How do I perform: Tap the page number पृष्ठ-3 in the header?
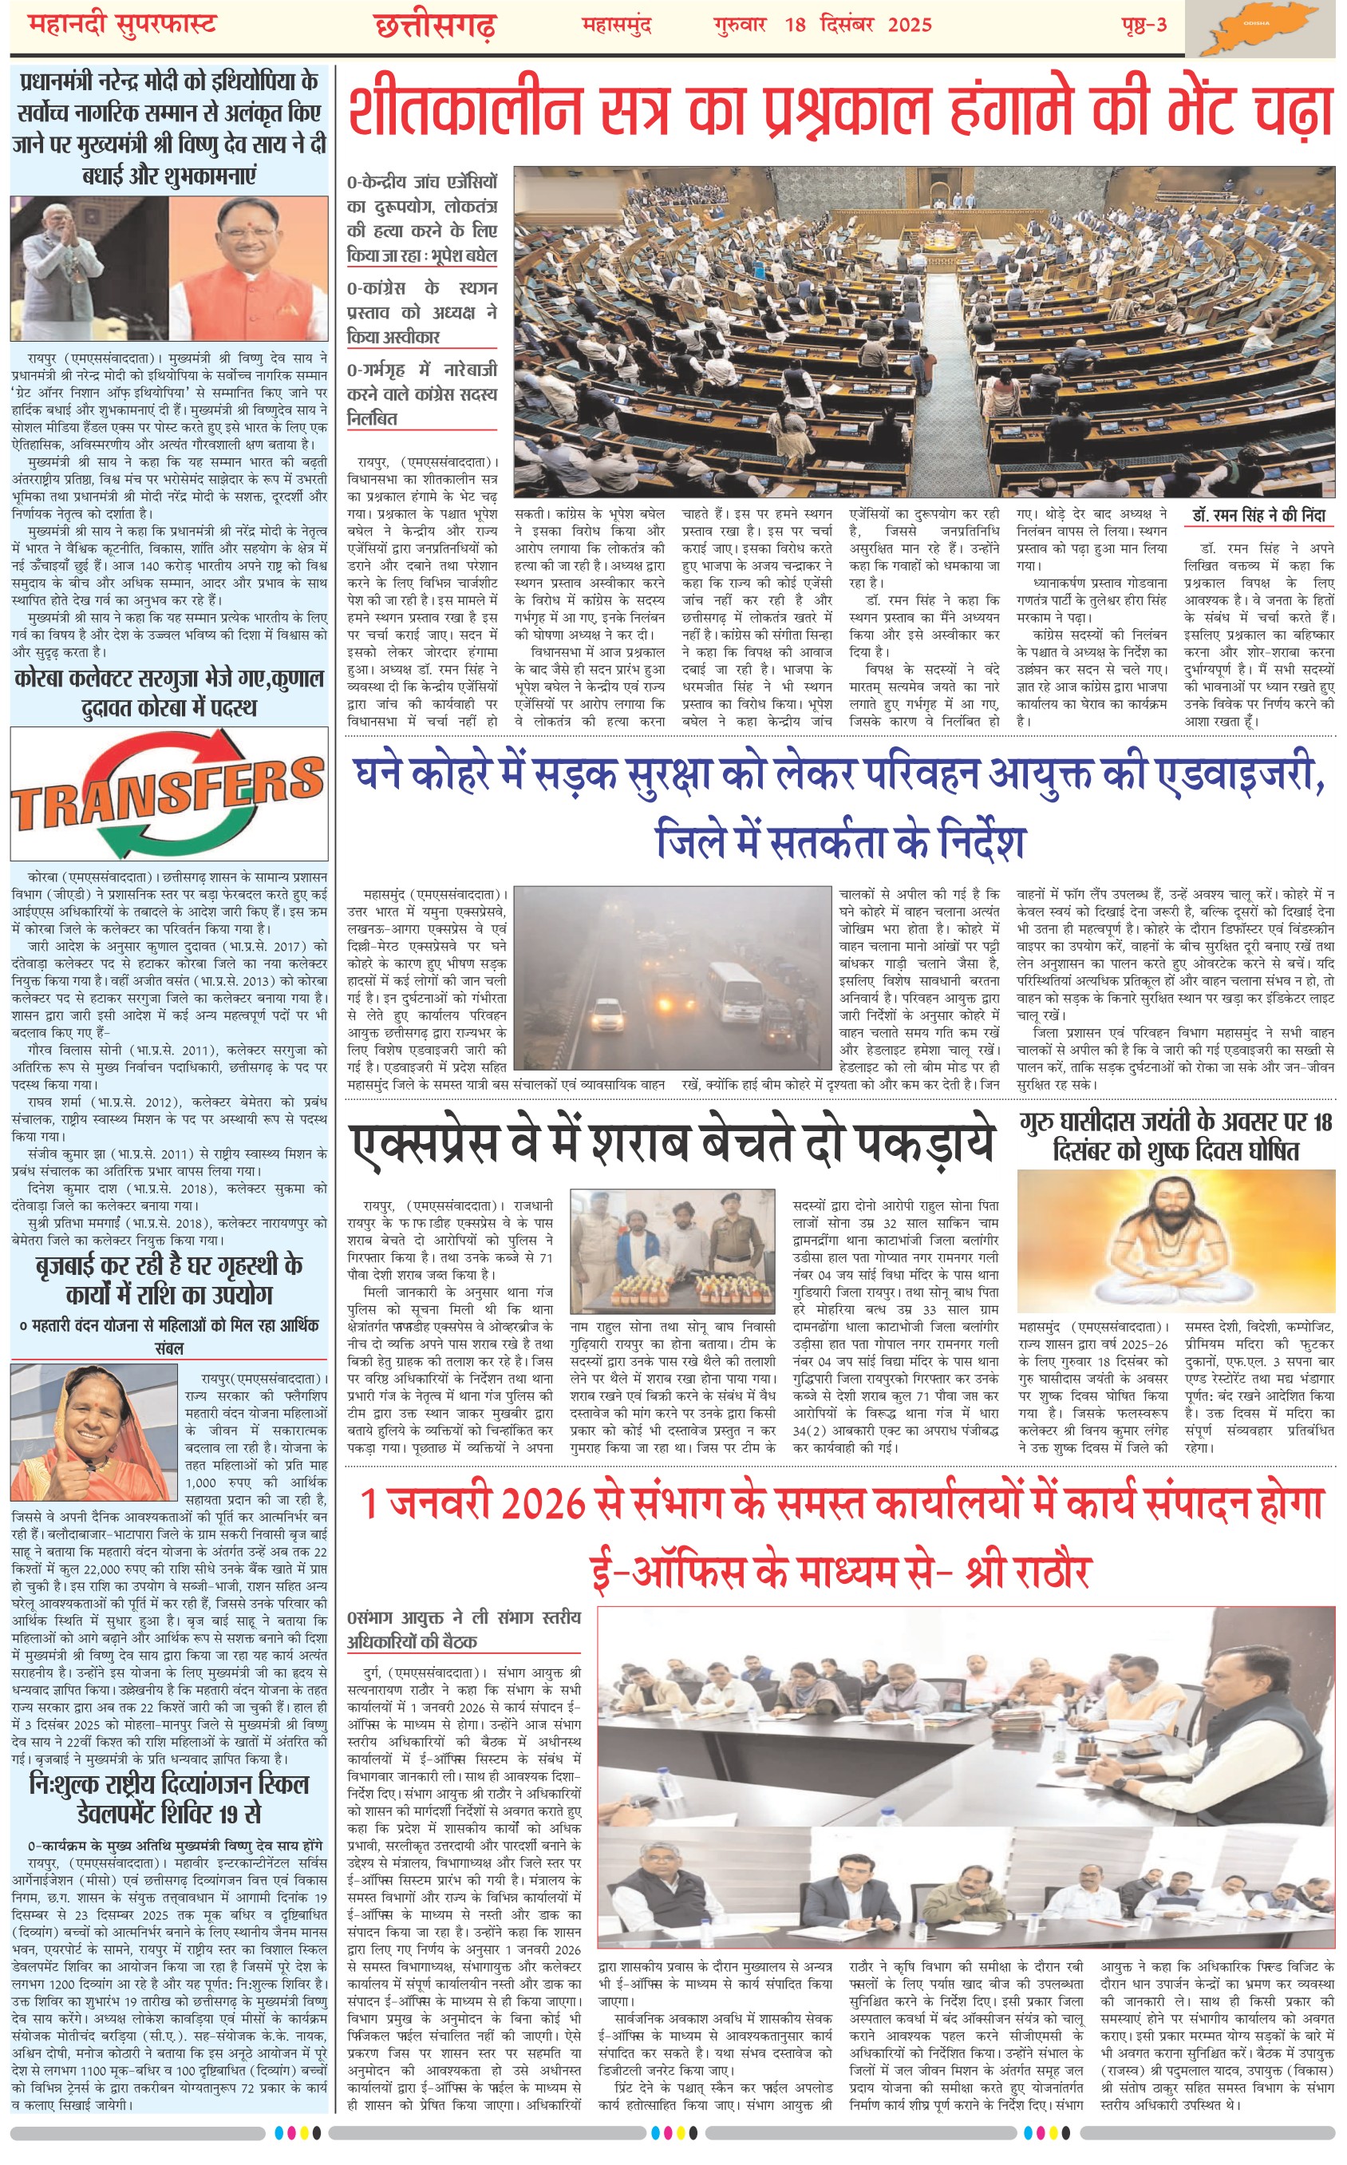(x=1144, y=25)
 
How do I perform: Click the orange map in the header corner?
(x=1264, y=29)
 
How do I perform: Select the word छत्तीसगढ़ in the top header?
(x=436, y=26)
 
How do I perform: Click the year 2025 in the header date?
(x=909, y=25)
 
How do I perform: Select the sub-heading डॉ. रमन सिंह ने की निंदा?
(x=1258, y=515)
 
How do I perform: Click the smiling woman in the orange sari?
(x=93, y=1435)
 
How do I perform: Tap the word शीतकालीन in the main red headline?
(x=464, y=113)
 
